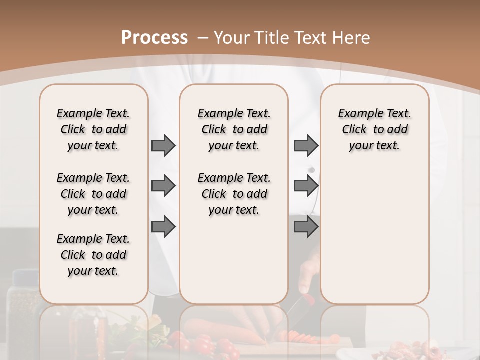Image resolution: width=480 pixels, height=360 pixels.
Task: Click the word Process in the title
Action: [154, 38]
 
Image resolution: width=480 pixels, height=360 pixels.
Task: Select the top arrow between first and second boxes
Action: [163, 145]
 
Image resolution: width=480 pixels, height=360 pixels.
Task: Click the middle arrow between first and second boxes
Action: [163, 186]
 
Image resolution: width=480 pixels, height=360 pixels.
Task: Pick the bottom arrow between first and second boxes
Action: [163, 226]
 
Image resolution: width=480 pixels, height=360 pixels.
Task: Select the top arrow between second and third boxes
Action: [306, 145]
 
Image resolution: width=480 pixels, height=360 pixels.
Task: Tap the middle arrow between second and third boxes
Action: [306, 186]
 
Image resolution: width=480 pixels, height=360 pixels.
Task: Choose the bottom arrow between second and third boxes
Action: [306, 226]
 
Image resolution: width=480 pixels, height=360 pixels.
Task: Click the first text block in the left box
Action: [93, 129]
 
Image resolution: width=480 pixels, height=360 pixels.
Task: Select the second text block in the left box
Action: [93, 194]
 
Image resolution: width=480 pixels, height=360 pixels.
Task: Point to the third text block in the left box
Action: [93, 255]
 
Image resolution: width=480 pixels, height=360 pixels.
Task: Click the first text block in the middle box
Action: [234, 129]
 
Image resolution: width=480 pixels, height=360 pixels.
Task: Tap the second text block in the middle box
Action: [234, 194]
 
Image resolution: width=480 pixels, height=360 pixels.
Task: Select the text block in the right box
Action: [374, 129]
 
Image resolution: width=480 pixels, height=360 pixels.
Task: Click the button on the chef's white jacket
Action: [312, 170]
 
